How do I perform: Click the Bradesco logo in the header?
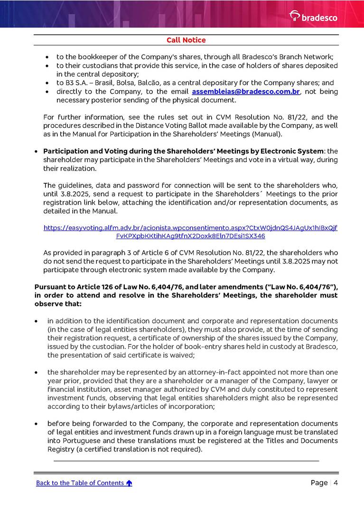(x=313, y=16)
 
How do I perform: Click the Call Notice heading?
(x=186, y=40)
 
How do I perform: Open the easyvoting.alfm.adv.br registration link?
(x=190, y=232)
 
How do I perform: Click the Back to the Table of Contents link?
(x=80, y=483)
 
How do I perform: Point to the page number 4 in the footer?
(x=336, y=483)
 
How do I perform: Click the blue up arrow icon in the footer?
(x=129, y=483)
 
